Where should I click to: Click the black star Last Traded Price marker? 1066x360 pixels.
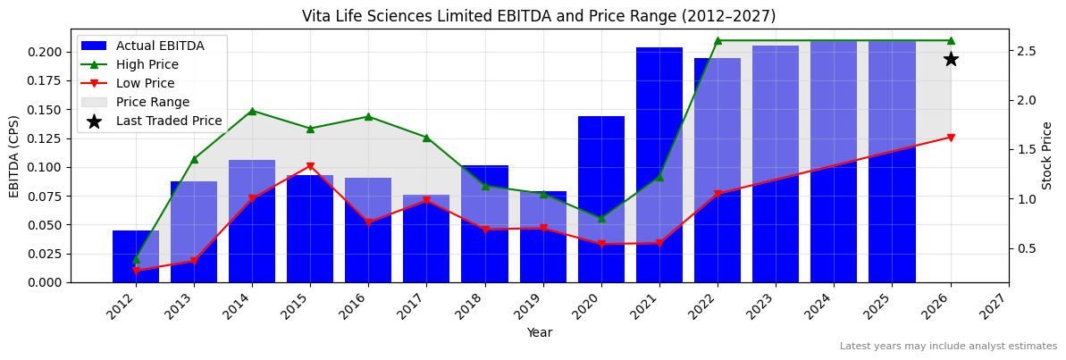tap(950, 59)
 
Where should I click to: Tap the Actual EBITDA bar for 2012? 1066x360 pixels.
tap(136, 256)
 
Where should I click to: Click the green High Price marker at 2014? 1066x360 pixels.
tap(252, 111)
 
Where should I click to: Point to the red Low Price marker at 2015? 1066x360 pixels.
tap(310, 166)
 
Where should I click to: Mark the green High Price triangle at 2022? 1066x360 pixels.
tap(718, 40)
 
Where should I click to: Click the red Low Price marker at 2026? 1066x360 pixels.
tap(950, 138)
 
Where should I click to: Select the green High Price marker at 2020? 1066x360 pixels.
tap(600, 218)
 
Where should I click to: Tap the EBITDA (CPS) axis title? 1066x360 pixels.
tap(14, 155)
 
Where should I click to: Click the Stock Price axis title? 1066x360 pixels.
tap(1047, 155)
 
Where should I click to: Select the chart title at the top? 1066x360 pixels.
tap(538, 16)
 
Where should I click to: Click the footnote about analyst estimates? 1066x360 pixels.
tap(947, 347)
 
